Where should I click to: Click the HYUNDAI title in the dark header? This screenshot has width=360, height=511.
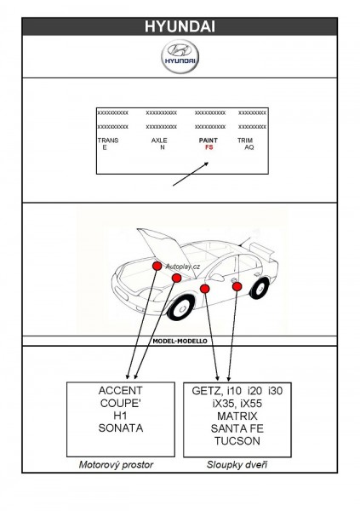click(x=180, y=26)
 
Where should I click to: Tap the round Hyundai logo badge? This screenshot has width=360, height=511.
click(x=180, y=56)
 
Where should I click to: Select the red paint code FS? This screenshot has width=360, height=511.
click(x=209, y=147)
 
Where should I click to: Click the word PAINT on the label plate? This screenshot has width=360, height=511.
click(x=209, y=141)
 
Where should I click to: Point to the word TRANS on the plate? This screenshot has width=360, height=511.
click(x=108, y=141)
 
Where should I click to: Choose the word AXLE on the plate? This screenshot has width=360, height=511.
click(x=159, y=141)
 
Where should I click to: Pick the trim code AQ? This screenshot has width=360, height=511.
click(x=249, y=147)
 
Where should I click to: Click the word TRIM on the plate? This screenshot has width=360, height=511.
click(x=245, y=141)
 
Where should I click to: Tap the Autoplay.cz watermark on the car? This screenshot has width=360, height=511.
click(x=183, y=267)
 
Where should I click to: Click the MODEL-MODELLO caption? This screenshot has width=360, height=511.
click(x=180, y=342)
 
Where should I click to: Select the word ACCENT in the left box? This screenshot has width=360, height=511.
click(x=121, y=390)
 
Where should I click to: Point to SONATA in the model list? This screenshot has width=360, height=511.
click(x=121, y=428)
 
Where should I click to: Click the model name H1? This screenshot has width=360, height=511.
click(x=120, y=416)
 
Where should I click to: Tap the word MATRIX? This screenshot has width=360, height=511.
click(x=237, y=416)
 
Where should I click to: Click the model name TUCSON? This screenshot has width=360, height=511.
click(x=237, y=441)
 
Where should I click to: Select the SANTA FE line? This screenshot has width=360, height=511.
click(x=237, y=428)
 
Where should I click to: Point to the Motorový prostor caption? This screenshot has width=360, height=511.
click(x=116, y=465)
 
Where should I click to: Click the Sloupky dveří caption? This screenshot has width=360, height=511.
click(x=237, y=465)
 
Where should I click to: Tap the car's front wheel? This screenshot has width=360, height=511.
click(x=180, y=307)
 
